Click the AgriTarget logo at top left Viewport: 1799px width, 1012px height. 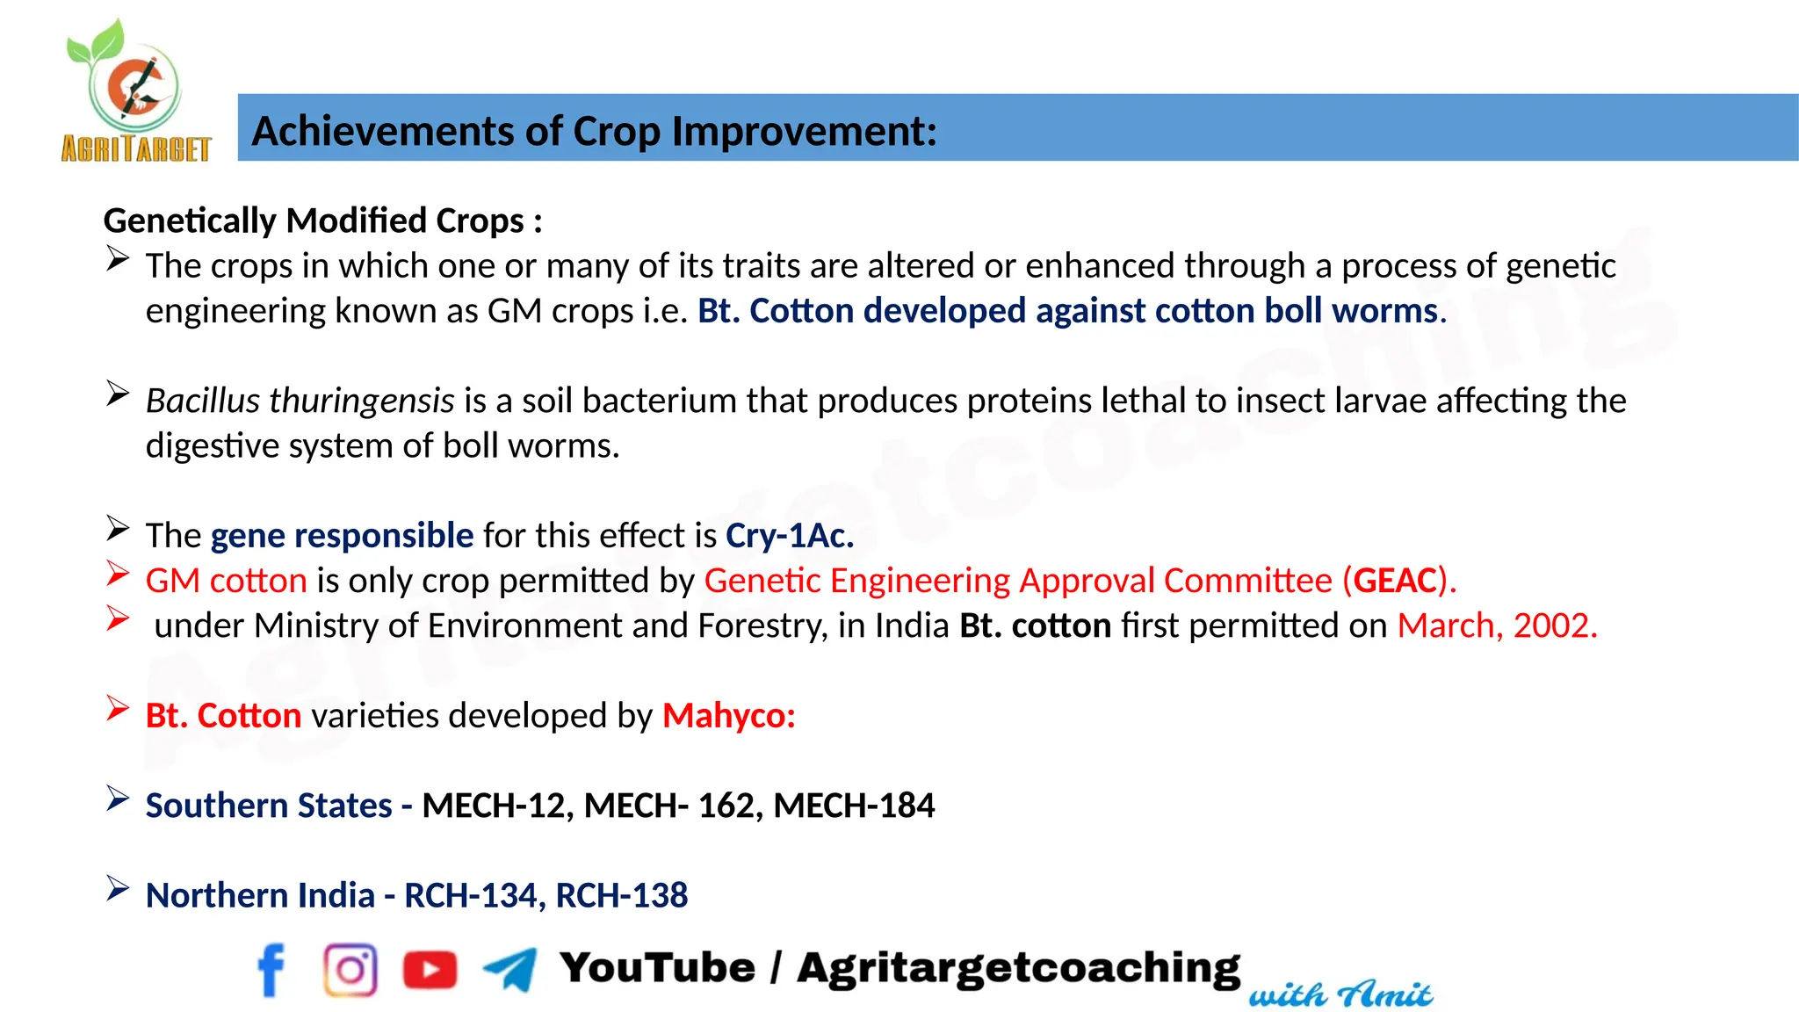coord(135,92)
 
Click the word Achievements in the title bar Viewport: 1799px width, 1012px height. coord(382,132)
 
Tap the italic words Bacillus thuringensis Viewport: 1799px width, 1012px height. coord(300,401)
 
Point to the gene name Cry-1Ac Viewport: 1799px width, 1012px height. coord(789,536)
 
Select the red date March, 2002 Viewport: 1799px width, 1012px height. coord(1497,625)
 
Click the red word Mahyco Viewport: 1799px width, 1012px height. coord(728,716)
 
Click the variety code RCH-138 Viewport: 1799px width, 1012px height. coord(621,896)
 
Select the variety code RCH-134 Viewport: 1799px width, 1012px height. coord(470,896)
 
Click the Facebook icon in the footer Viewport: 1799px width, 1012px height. coord(271,970)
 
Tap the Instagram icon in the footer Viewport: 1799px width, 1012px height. coord(350,970)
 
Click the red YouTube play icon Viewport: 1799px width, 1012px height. coord(430,970)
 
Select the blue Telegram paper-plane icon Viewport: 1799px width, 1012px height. coord(510,970)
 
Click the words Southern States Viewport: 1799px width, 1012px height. coord(269,806)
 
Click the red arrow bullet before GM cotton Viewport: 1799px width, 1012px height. coord(118,574)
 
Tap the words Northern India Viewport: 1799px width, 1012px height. coord(260,896)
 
